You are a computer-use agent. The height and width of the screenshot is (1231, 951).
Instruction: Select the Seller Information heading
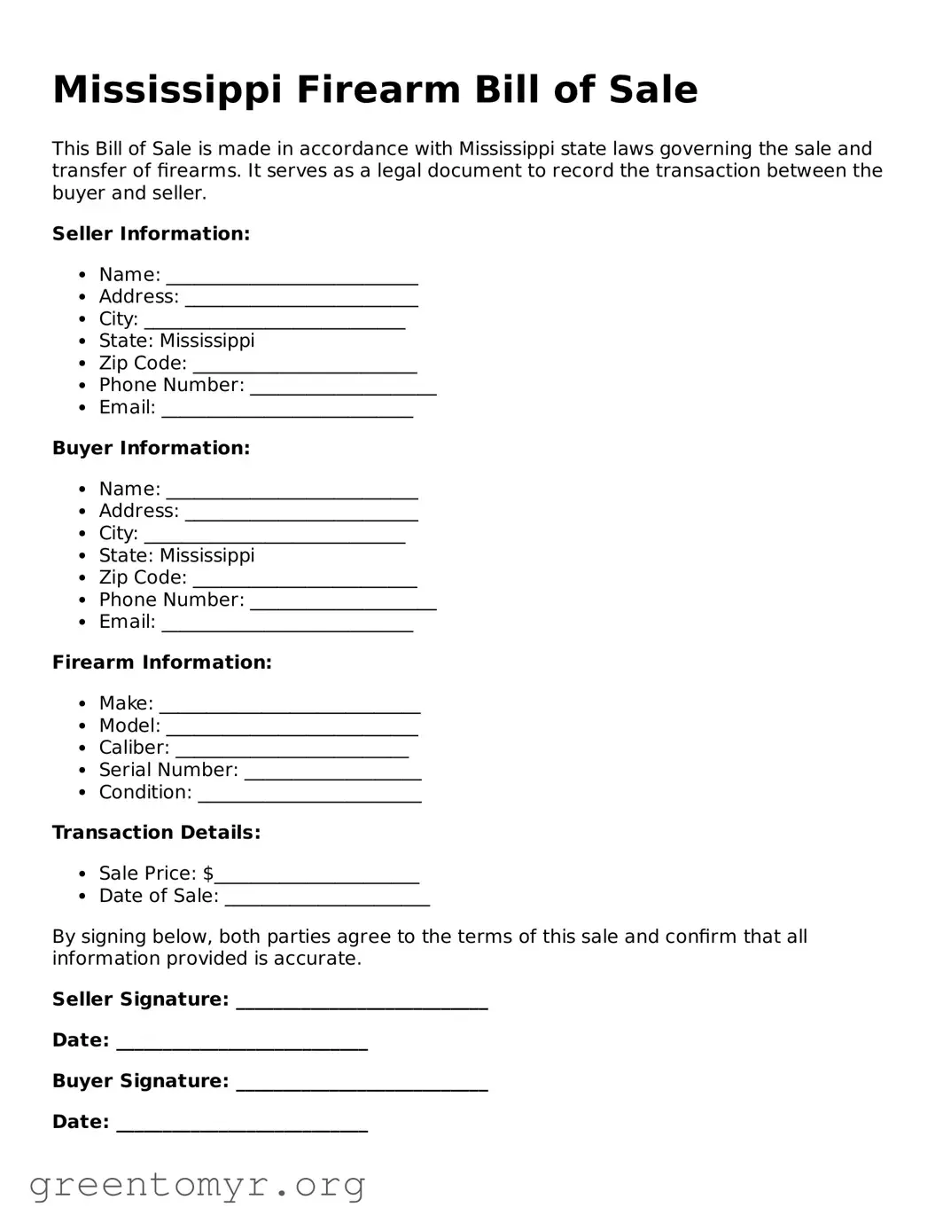click(151, 233)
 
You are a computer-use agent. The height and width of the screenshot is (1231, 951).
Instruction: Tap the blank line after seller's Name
click(292, 277)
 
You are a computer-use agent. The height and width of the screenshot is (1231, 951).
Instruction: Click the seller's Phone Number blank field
click(343, 388)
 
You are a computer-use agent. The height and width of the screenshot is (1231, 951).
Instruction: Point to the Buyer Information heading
click(151, 448)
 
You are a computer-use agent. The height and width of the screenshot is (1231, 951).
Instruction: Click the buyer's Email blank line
click(287, 624)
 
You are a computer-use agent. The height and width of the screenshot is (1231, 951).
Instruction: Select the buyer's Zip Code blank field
click(304, 580)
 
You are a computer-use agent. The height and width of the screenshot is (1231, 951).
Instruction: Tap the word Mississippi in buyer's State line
click(207, 555)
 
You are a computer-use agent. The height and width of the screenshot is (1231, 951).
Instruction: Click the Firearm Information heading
click(161, 663)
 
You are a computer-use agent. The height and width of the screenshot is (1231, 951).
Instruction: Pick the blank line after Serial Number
click(332, 772)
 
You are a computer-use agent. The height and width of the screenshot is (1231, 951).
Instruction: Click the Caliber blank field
click(292, 750)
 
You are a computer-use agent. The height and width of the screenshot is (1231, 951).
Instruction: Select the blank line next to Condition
click(309, 795)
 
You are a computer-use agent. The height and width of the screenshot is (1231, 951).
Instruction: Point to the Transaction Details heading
click(156, 832)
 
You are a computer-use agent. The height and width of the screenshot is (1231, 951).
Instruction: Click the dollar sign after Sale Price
click(208, 874)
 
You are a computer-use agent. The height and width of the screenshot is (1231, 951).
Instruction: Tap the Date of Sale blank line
click(327, 898)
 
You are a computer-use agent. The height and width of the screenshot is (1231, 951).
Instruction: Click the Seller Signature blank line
click(362, 1001)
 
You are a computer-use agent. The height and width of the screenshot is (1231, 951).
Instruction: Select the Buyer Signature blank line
click(362, 1083)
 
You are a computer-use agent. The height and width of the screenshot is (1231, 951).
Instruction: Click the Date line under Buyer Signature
click(242, 1124)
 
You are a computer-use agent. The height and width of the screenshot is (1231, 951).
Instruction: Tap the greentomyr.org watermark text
click(197, 1184)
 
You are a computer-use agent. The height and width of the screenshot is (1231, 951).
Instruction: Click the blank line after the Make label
click(289, 706)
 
